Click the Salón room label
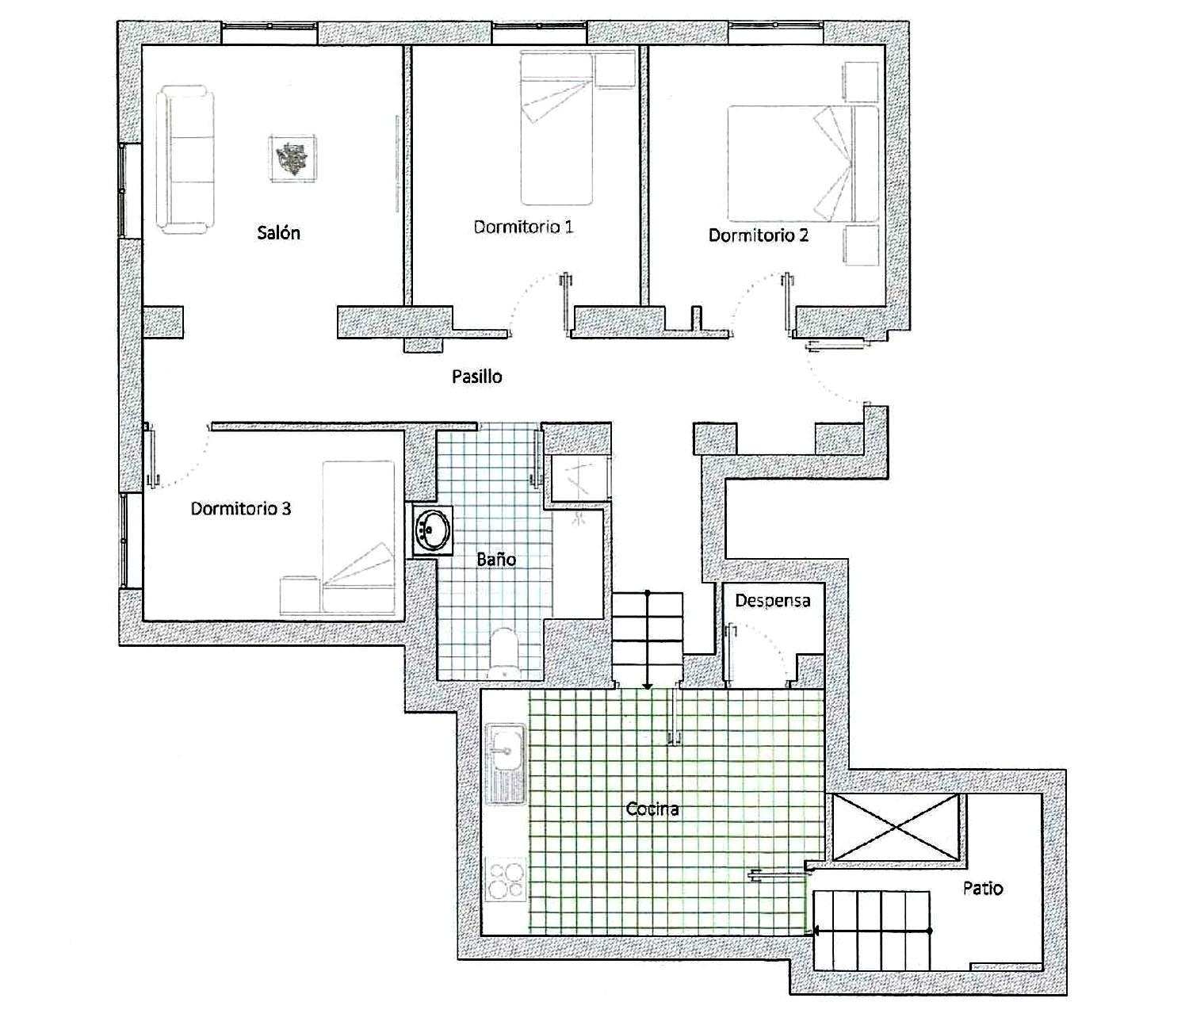pos(278,233)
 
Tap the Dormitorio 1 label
pos(523,228)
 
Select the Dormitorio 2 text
pos(758,235)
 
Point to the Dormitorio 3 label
pos(240,509)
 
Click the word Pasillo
pos(476,377)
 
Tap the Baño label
pos(496,560)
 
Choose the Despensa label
pos(772,601)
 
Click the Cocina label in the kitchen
pos(652,809)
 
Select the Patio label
pos(982,888)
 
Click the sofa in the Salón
pos(185,161)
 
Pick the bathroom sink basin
pos(433,530)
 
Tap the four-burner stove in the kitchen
pos(506,880)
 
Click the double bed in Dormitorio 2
pos(802,163)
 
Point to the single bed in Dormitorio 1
pos(556,128)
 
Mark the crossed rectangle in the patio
pos(896,827)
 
